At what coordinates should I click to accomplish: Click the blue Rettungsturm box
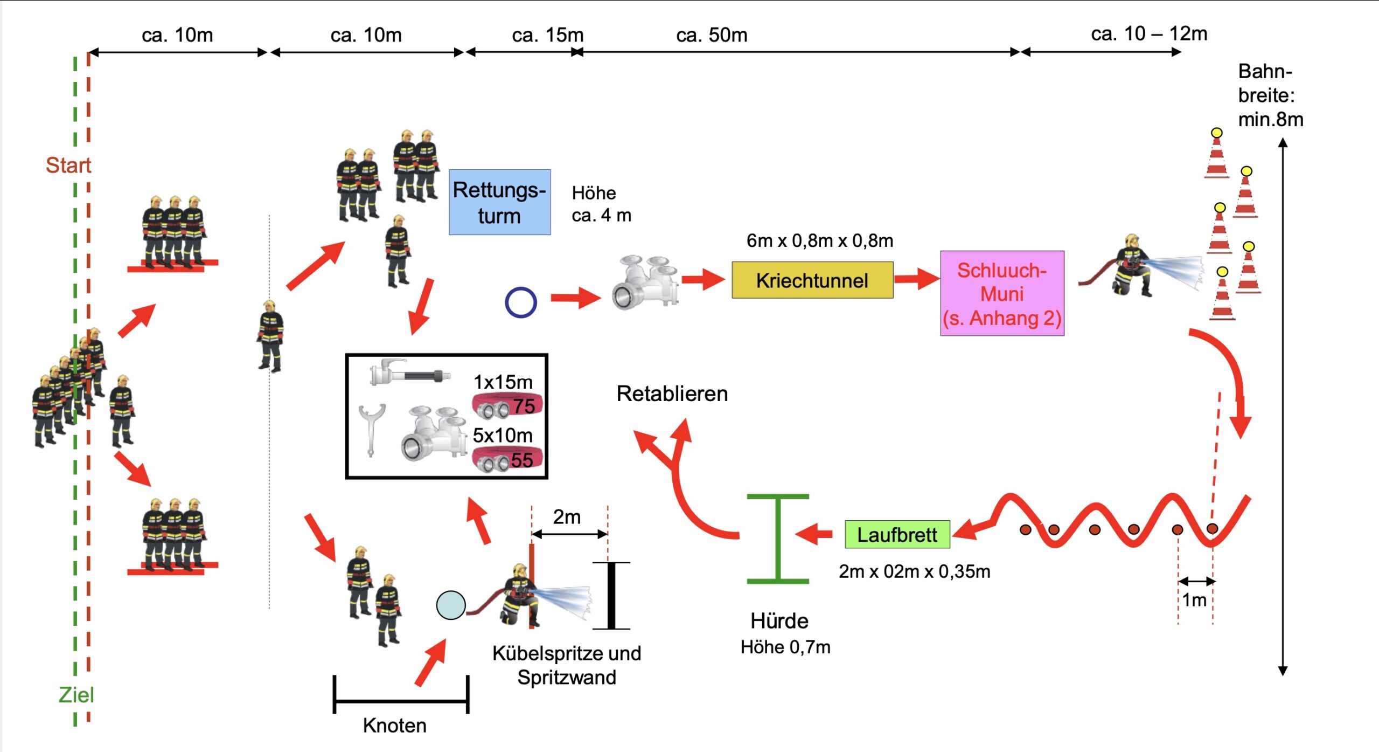pos(499,202)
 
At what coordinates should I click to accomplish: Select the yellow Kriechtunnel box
pos(812,280)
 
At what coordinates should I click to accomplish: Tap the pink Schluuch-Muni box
pos(1002,294)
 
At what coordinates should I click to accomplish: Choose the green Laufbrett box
pos(897,535)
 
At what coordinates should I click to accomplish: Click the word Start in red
pos(68,165)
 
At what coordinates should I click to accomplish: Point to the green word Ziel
pos(76,695)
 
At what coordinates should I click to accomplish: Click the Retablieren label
pos(672,394)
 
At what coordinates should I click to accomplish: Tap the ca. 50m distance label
pos(712,35)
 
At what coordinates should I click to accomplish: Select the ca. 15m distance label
pos(547,35)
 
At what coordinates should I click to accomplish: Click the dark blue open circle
pos(520,302)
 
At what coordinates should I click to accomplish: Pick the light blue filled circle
pos(450,605)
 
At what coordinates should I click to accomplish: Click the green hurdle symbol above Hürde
pos(778,539)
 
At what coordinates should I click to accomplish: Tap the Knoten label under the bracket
pos(394,726)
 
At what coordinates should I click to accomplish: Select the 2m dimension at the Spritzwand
pos(567,517)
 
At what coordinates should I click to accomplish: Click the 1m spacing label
pos(1194,600)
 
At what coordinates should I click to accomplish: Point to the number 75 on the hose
pos(524,406)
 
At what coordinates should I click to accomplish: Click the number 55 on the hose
pos(521,460)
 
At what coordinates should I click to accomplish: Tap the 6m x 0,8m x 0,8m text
pos(819,240)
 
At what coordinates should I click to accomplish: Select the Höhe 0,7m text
pos(785,647)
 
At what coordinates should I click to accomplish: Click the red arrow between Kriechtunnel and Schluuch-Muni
pos(916,279)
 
